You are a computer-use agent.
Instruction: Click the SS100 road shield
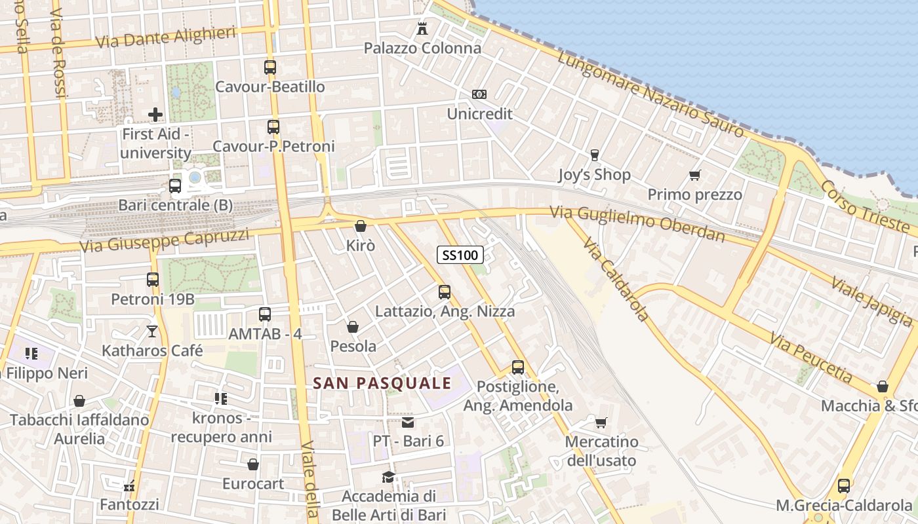point(460,255)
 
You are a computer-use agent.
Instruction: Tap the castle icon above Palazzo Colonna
point(422,29)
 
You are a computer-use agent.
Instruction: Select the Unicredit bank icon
point(479,94)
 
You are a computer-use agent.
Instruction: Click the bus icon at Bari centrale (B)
point(175,185)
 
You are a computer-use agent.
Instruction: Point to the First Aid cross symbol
point(155,115)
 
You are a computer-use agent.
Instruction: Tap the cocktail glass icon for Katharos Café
point(152,331)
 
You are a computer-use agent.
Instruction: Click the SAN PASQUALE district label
point(382,383)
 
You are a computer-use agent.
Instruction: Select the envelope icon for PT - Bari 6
point(408,422)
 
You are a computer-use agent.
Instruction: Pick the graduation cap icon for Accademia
point(389,477)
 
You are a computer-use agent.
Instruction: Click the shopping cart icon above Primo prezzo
point(695,175)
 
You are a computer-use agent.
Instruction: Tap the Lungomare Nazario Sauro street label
point(651,95)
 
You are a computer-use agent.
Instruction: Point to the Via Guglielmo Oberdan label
point(637,223)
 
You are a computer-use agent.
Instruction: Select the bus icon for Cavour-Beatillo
point(270,67)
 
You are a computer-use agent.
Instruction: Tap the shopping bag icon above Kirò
point(360,227)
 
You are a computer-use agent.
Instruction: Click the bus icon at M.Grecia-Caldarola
point(844,486)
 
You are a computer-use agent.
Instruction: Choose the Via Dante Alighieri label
point(165,37)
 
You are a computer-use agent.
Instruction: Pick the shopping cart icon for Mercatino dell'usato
point(601,422)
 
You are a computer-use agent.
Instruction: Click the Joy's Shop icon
point(595,155)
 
